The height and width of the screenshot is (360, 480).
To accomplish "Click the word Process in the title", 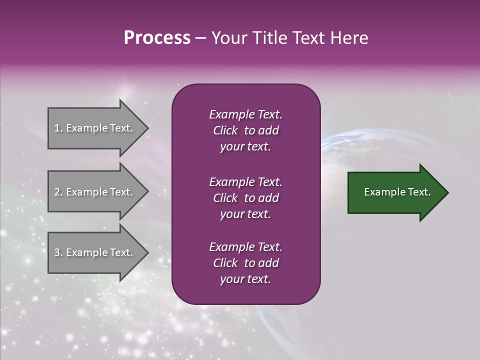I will point(157,38).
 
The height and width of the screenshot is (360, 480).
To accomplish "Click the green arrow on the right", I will point(395,192).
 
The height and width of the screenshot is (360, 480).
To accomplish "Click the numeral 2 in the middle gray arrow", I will point(57,192).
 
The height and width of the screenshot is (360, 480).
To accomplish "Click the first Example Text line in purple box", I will point(245,114).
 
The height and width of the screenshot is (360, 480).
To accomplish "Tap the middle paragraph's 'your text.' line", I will point(245,214).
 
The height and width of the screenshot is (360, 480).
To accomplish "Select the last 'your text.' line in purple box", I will point(245,279).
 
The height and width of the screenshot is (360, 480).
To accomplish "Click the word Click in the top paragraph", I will point(225,130).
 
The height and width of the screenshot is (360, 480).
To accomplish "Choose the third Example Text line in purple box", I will point(245,247).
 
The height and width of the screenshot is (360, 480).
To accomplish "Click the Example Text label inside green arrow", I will point(397,192).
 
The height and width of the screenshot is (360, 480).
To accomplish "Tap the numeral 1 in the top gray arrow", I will point(56,128).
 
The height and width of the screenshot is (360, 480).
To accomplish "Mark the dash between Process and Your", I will point(200,38).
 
